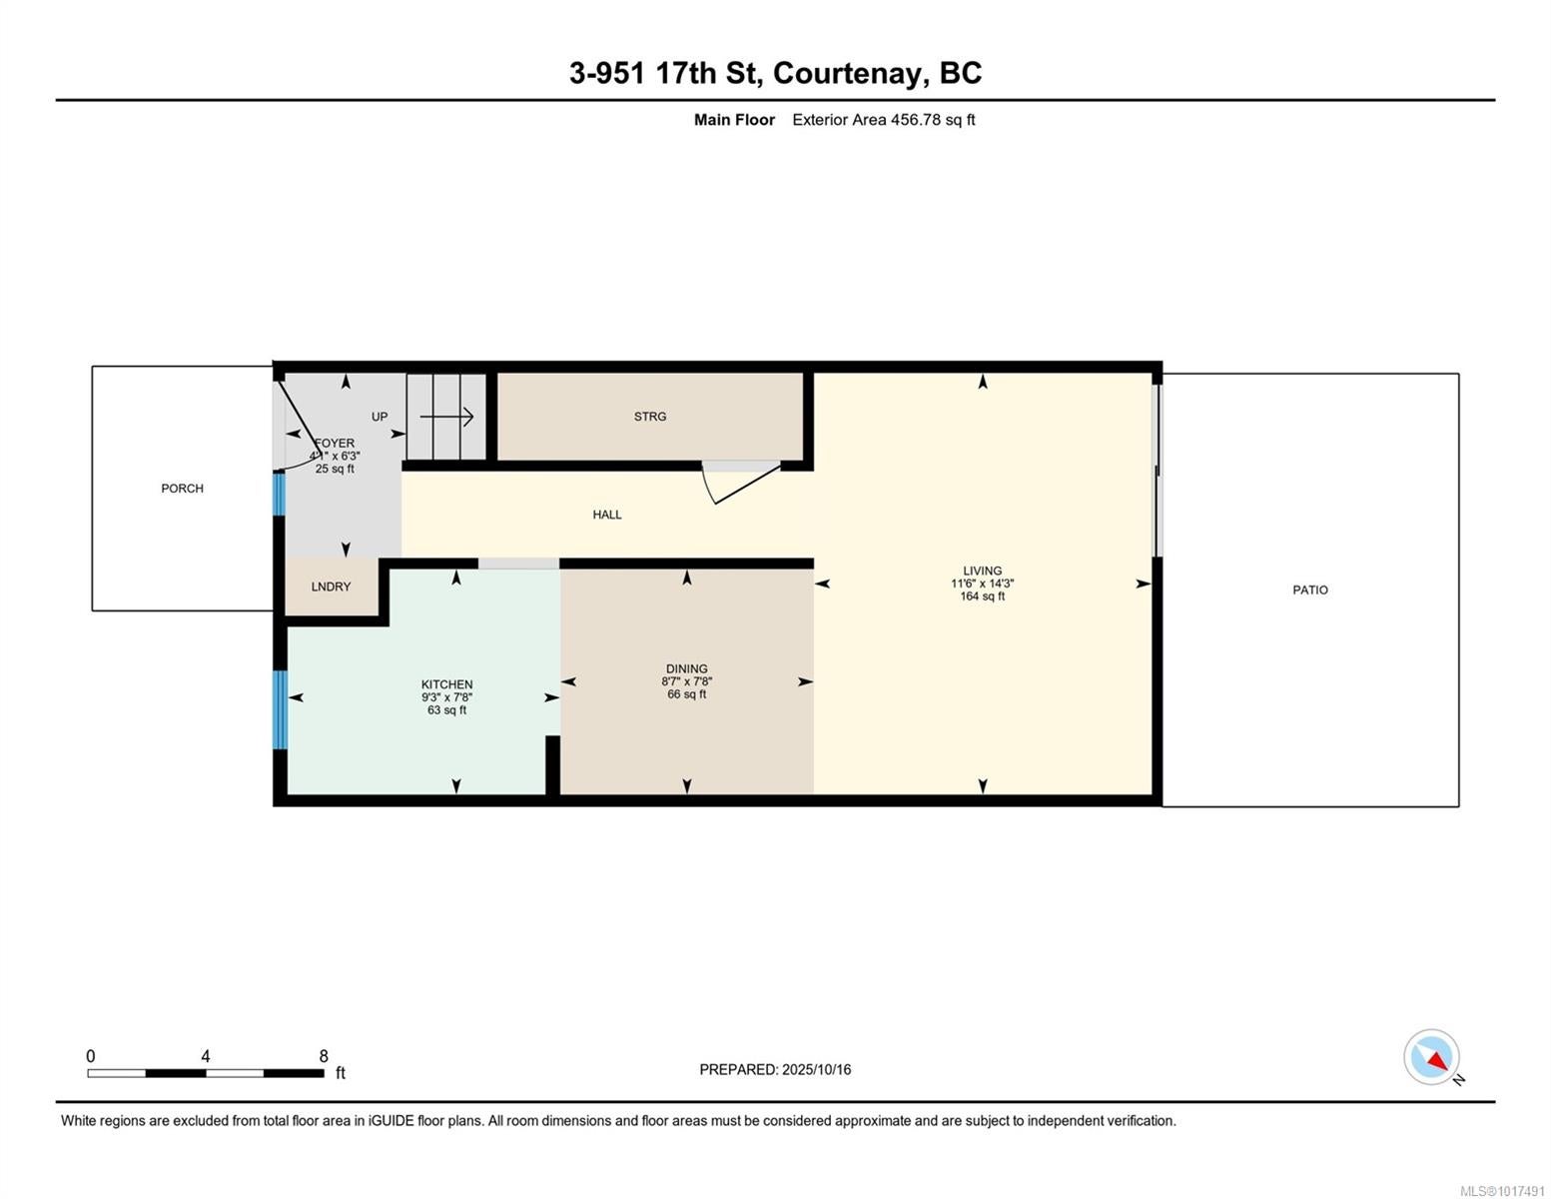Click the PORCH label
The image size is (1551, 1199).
tap(182, 489)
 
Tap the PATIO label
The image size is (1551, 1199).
tap(1309, 590)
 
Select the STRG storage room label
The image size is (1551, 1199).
tap(649, 417)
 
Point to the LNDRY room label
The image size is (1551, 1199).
tap(331, 587)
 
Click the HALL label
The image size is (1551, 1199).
tap(606, 515)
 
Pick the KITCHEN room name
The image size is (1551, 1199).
tap(446, 684)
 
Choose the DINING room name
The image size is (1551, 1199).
tap(687, 668)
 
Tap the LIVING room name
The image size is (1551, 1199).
tap(982, 571)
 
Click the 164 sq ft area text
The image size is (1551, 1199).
tap(982, 597)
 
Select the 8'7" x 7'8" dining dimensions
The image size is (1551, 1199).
tap(687, 681)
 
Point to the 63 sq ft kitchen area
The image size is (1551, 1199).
tap(446, 709)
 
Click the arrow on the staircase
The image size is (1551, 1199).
tap(446, 417)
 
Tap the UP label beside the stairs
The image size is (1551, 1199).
tap(379, 417)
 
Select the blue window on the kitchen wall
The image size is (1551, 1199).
tap(281, 709)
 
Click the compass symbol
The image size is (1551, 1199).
tap(1431, 1057)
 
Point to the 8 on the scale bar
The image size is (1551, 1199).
tap(324, 1056)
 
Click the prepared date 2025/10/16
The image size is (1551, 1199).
tap(817, 1070)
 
